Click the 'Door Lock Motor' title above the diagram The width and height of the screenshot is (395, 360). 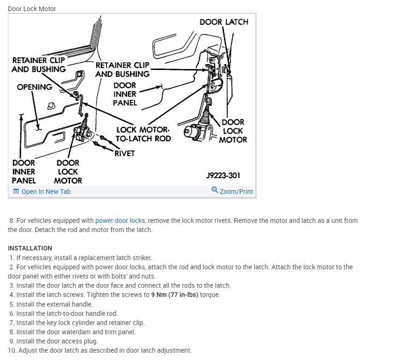[x=32, y=9]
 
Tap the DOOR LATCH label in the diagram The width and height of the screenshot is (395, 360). [x=224, y=22]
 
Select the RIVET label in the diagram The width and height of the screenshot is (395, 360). [x=124, y=153]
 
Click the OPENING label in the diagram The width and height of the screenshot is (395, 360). [x=34, y=87]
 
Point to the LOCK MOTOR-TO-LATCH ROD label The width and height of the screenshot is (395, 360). [x=143, y=134]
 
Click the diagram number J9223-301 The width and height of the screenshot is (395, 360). [x=223, y=175]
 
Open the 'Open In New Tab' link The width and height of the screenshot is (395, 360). [x=46, y=192]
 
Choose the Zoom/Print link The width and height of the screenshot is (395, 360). [x=236, y=192]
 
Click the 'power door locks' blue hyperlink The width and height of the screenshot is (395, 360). [x=120, y=221]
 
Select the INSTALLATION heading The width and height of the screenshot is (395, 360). [x=30, y=248]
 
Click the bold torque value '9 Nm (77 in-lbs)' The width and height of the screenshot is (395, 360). [x=175, y=295]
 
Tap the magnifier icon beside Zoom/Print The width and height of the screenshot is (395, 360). [x=215, y=190]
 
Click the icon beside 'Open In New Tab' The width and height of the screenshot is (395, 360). [x=16, y=192]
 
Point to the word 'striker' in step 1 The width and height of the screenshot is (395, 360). [x=141, y=258]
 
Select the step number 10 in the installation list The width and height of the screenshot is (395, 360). [x=12, y=350]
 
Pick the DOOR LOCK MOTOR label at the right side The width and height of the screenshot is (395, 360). [x=233, y=131]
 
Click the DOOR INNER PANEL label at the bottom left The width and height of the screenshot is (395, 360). [x=24, y=171]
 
